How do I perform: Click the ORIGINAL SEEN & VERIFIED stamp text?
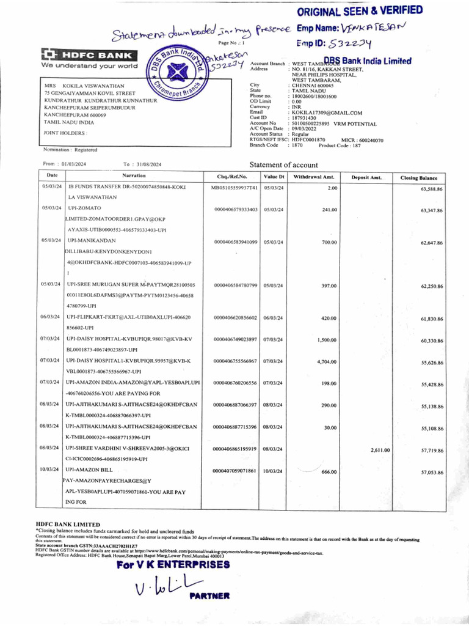360,10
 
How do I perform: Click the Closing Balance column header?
418,177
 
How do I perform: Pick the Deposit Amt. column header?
366,177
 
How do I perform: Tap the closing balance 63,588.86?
431,190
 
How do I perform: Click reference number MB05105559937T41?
234,188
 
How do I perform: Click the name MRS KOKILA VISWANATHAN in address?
84,86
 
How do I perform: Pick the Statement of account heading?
283,165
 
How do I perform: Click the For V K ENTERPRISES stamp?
173,564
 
